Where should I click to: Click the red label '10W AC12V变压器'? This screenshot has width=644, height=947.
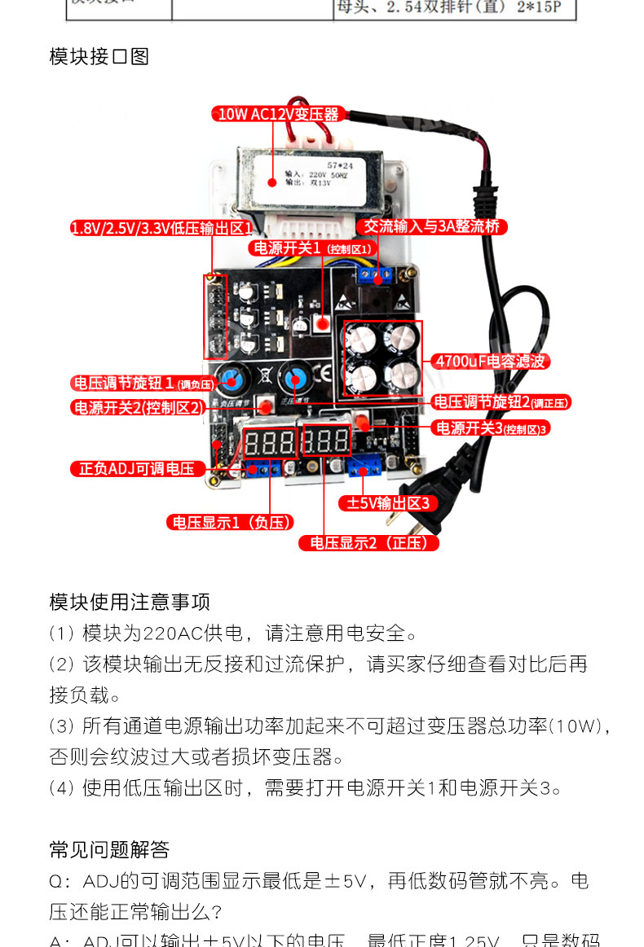point(276,115)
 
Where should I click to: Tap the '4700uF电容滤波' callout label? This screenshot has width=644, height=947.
point(490,361)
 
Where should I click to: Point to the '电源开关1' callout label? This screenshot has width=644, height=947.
point(312,248)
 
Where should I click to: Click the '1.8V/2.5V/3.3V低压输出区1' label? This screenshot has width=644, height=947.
point(161,229)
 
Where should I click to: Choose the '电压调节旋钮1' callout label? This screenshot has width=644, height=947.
point(144,383)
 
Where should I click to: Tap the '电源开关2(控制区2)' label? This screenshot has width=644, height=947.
point(137,408)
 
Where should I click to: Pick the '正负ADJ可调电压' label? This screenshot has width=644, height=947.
point(136,468)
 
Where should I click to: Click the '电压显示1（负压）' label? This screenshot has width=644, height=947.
point(230,522)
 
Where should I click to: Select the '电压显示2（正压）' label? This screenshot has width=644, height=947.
point(368,542)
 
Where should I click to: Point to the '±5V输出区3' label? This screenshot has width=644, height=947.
point(388,503)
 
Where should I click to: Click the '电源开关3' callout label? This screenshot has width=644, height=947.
point(492,427)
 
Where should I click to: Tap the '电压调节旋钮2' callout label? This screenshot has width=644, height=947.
point(501,402)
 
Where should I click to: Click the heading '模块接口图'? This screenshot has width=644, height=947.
point(99,56)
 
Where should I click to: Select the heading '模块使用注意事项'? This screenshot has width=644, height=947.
point(130,602)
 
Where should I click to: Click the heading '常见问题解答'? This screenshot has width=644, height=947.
point(109,850)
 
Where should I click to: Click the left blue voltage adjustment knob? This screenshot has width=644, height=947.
point(232,379)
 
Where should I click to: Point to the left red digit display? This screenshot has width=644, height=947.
point(269,443)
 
